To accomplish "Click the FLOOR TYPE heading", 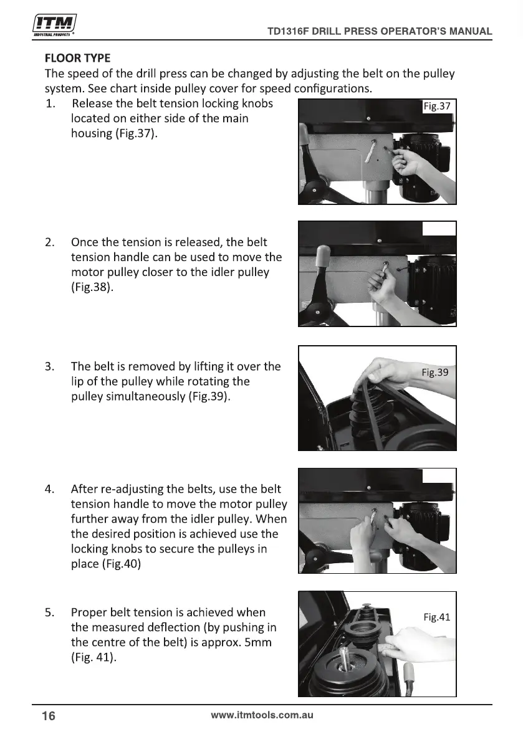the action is point(78,58).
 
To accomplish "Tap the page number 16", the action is point(49,716).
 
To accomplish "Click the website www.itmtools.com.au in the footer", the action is point(262,715).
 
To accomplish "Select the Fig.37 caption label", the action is point(437,106).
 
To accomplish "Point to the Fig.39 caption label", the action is point(435,373).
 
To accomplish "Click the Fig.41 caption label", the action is point(437,617).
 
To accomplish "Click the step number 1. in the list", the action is point(50,103).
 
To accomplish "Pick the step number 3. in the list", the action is point(50,367).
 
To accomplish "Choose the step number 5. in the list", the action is point(50,613).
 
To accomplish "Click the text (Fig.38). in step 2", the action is point(92,287).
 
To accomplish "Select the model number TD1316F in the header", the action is point(288,31).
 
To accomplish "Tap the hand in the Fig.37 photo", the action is point(410,163).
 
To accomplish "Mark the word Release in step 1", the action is point(92,103).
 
